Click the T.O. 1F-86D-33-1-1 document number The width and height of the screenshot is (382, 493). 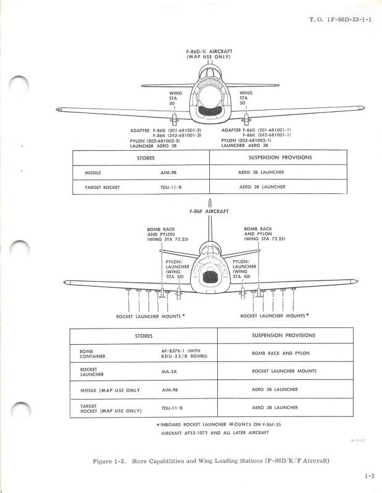(x=341, y=20)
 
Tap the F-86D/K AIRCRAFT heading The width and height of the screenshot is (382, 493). (x=209, y=51)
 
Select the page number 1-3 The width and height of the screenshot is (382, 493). (x=370, y=476)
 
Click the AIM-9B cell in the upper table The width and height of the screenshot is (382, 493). (x=168, y=172)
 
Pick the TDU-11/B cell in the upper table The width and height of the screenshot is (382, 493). (x=171, y=187)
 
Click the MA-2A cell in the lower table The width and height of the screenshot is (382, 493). (x=169, y=372)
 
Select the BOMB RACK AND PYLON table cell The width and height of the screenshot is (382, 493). (x=281, y=353)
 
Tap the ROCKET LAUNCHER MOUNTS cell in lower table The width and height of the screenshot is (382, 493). (x=284, y=371)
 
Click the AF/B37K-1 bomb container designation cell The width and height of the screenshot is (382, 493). (x=185, y=353)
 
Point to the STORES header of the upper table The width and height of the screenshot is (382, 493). (x=146, y=158)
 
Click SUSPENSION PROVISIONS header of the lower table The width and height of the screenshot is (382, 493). (x=284, y=335)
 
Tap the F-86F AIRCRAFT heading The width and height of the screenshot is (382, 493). (x=209, y=211)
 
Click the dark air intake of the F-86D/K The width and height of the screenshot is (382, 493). (x=210, y=111)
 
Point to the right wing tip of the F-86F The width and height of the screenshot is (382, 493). (x=355, y=281)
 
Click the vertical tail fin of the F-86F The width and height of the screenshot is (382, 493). (x=210, y=220)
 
